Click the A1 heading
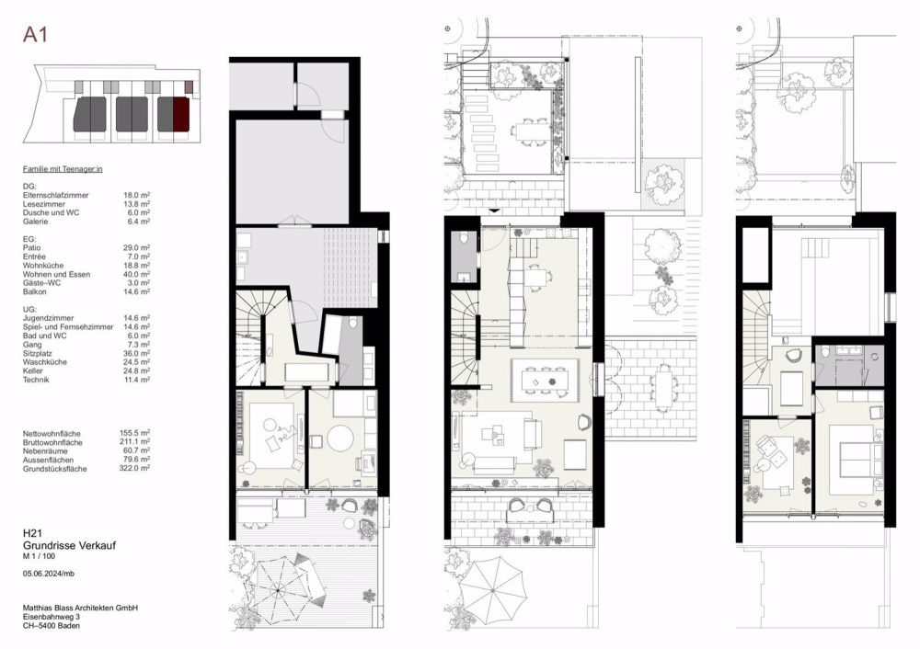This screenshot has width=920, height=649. click(35, 35)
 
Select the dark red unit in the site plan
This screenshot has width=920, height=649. click(180, 114)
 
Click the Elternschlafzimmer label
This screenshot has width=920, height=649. click(56, 195)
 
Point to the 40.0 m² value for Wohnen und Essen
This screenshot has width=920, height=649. click(136, 274)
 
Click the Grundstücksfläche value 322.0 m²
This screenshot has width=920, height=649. click(134, 469)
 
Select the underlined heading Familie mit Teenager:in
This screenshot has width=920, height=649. click(63, 169)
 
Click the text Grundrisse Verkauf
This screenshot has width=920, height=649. click(69, 545)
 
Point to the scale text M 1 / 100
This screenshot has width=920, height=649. click(39, 556)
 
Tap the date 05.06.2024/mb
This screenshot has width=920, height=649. click(49, 574)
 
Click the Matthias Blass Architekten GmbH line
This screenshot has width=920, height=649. click(80, 608)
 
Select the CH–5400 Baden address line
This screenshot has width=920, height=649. click(52, 625)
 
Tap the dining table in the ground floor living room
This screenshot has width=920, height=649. click(545, 380)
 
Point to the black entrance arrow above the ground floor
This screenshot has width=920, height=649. click(494, 211)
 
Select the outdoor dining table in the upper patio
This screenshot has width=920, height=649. click(524, 131)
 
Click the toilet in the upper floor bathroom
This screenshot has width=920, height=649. click(825, 352)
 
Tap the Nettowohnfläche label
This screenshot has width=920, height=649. click(52, 434)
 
